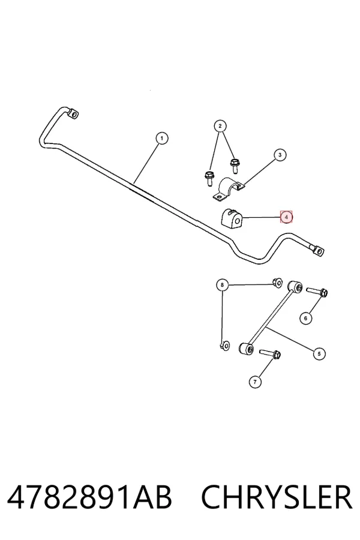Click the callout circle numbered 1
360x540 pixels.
[162, 139]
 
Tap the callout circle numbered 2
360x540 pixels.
[220, 126]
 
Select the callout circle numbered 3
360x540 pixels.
[280, 155]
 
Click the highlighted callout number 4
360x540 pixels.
[286, 217]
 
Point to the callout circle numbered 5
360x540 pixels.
[319, 353]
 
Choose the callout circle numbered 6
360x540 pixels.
[305, 318]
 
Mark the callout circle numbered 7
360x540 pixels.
[255, 382]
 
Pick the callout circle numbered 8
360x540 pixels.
[222, 285]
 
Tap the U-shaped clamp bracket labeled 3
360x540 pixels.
[228, 189]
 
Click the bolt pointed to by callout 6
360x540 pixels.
[317, 292]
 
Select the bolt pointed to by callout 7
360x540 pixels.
[270, 353]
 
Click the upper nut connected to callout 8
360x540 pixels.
[277, 283]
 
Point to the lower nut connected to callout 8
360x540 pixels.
[224, 345]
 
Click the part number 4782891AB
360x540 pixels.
[89, 497]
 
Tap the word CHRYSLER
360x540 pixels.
[277, 497]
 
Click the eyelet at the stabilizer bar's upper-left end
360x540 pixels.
[73, 115]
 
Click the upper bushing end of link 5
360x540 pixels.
[295, 287]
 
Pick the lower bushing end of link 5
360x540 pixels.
[247, 348]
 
